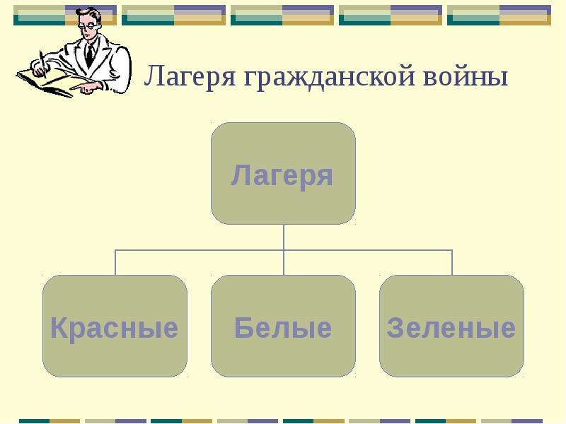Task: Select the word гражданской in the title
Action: pos(329,77)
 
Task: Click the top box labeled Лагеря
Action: pos(284,173)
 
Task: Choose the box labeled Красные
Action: pos(115,326)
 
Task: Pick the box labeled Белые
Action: pos(284,326)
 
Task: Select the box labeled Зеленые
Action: pos(451,326)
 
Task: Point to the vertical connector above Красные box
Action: pos(115,262)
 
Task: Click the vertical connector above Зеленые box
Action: pos(452,262)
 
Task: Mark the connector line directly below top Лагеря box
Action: pos(284,237)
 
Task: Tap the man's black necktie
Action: pos(90,56)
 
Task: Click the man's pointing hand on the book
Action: pos(86,88)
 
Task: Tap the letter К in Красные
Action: pos(59,327)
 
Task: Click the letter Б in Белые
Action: pos(244,327)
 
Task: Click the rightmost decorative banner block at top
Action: pos(499,15)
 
